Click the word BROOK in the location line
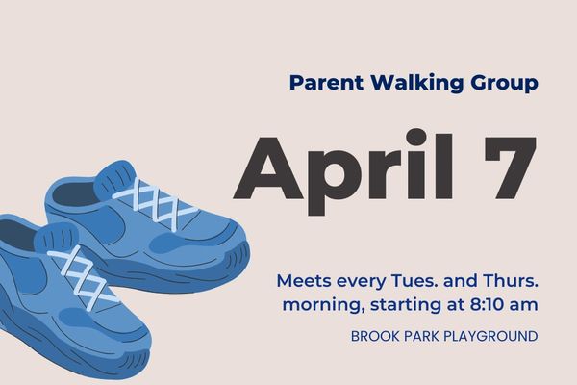tap(375, 337)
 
